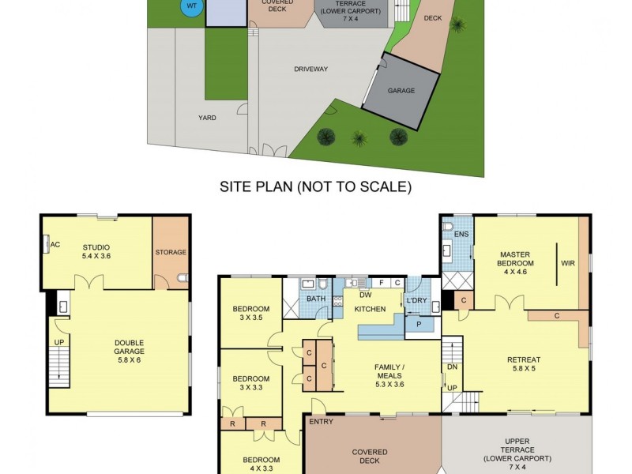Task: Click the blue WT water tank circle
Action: [190, 7]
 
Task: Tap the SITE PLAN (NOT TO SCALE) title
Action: [315, 187]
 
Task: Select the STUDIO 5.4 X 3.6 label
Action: [96, 251]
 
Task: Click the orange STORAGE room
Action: [171, 252]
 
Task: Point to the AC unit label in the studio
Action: [55, 245]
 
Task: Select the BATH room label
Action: [316, 299]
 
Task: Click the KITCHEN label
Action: [369, 308]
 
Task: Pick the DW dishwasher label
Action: [364, 294]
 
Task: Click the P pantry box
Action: [418, 323]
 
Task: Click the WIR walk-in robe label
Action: [567, 262]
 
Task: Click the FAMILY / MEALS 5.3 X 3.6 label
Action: [389, 371]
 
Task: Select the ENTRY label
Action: [322, 422]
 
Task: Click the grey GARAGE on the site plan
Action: [401, 91]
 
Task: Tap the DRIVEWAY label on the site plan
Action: [311, 69]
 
